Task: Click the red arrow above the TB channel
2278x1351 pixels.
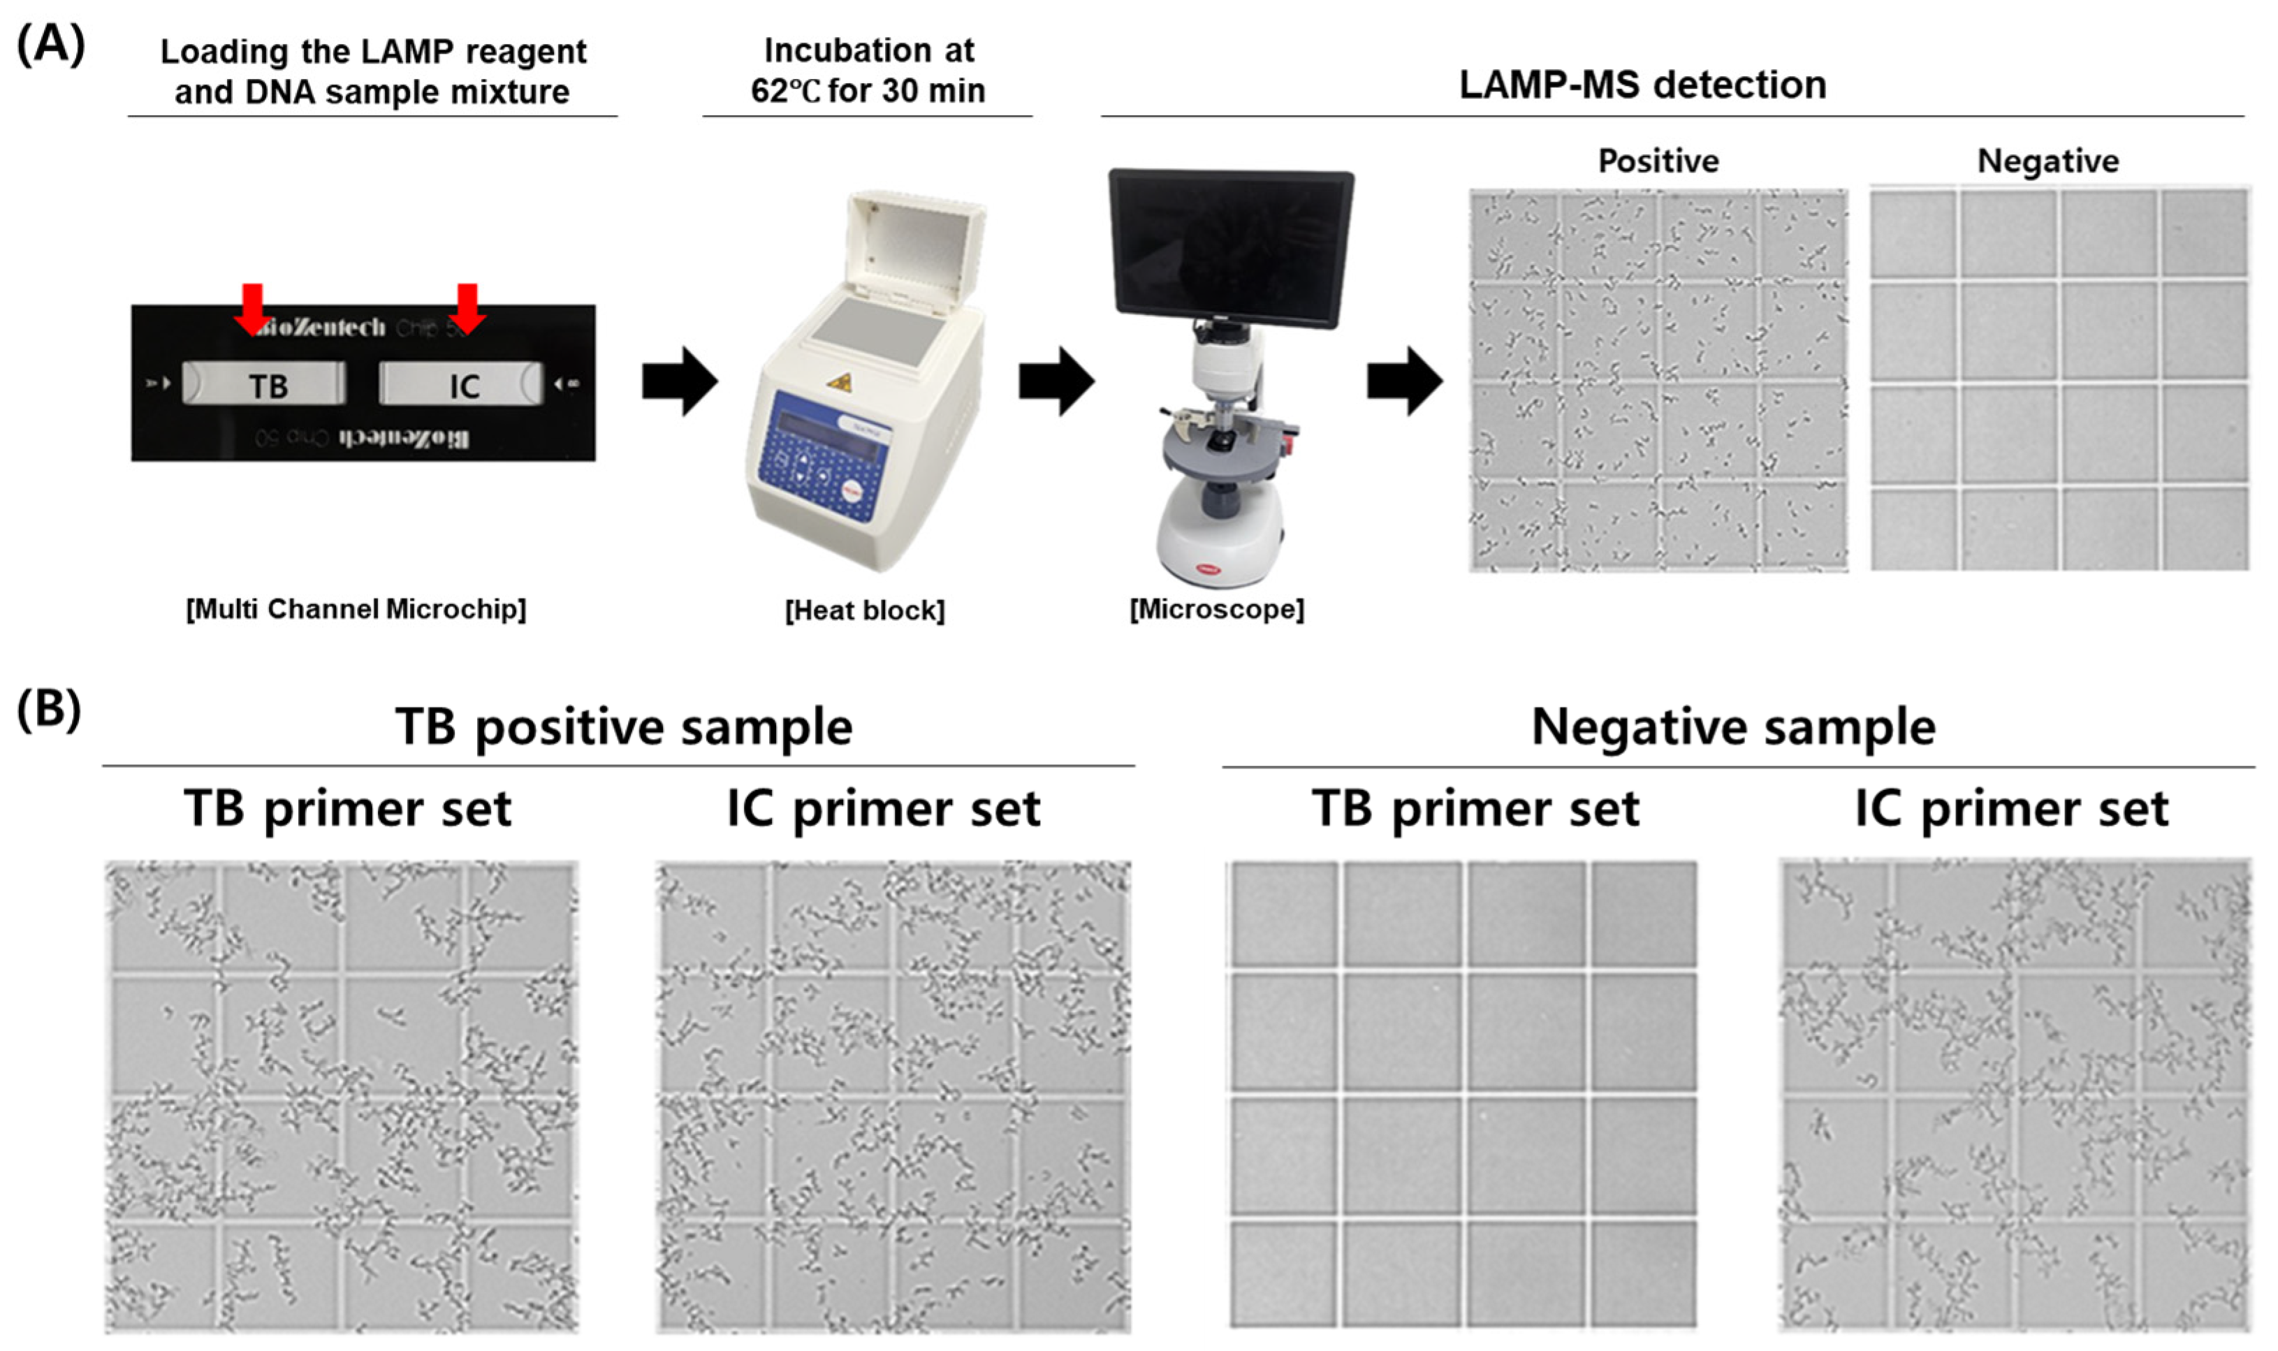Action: coord(252,307)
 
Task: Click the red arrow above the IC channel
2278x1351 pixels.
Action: coord(468,307)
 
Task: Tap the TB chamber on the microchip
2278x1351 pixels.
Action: coord(265,384)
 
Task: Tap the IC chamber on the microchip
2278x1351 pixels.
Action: coord(462,384)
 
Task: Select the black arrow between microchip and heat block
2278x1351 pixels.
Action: coord(680,381)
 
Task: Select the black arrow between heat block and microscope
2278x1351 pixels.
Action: coord(1056,381)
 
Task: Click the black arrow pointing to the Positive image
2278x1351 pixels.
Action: coord(1404,381)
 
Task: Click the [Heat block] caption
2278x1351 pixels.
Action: coord(865,610)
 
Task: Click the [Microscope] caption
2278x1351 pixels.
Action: coord(1217,608)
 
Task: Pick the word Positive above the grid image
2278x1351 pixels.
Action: coord(1658,161)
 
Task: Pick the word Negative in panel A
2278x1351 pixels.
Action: coord(2047,161)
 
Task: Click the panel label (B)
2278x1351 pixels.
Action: coord(48,708)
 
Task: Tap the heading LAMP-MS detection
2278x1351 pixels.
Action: coord(1643,85)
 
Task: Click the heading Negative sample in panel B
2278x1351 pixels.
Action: coord(1733,727)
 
